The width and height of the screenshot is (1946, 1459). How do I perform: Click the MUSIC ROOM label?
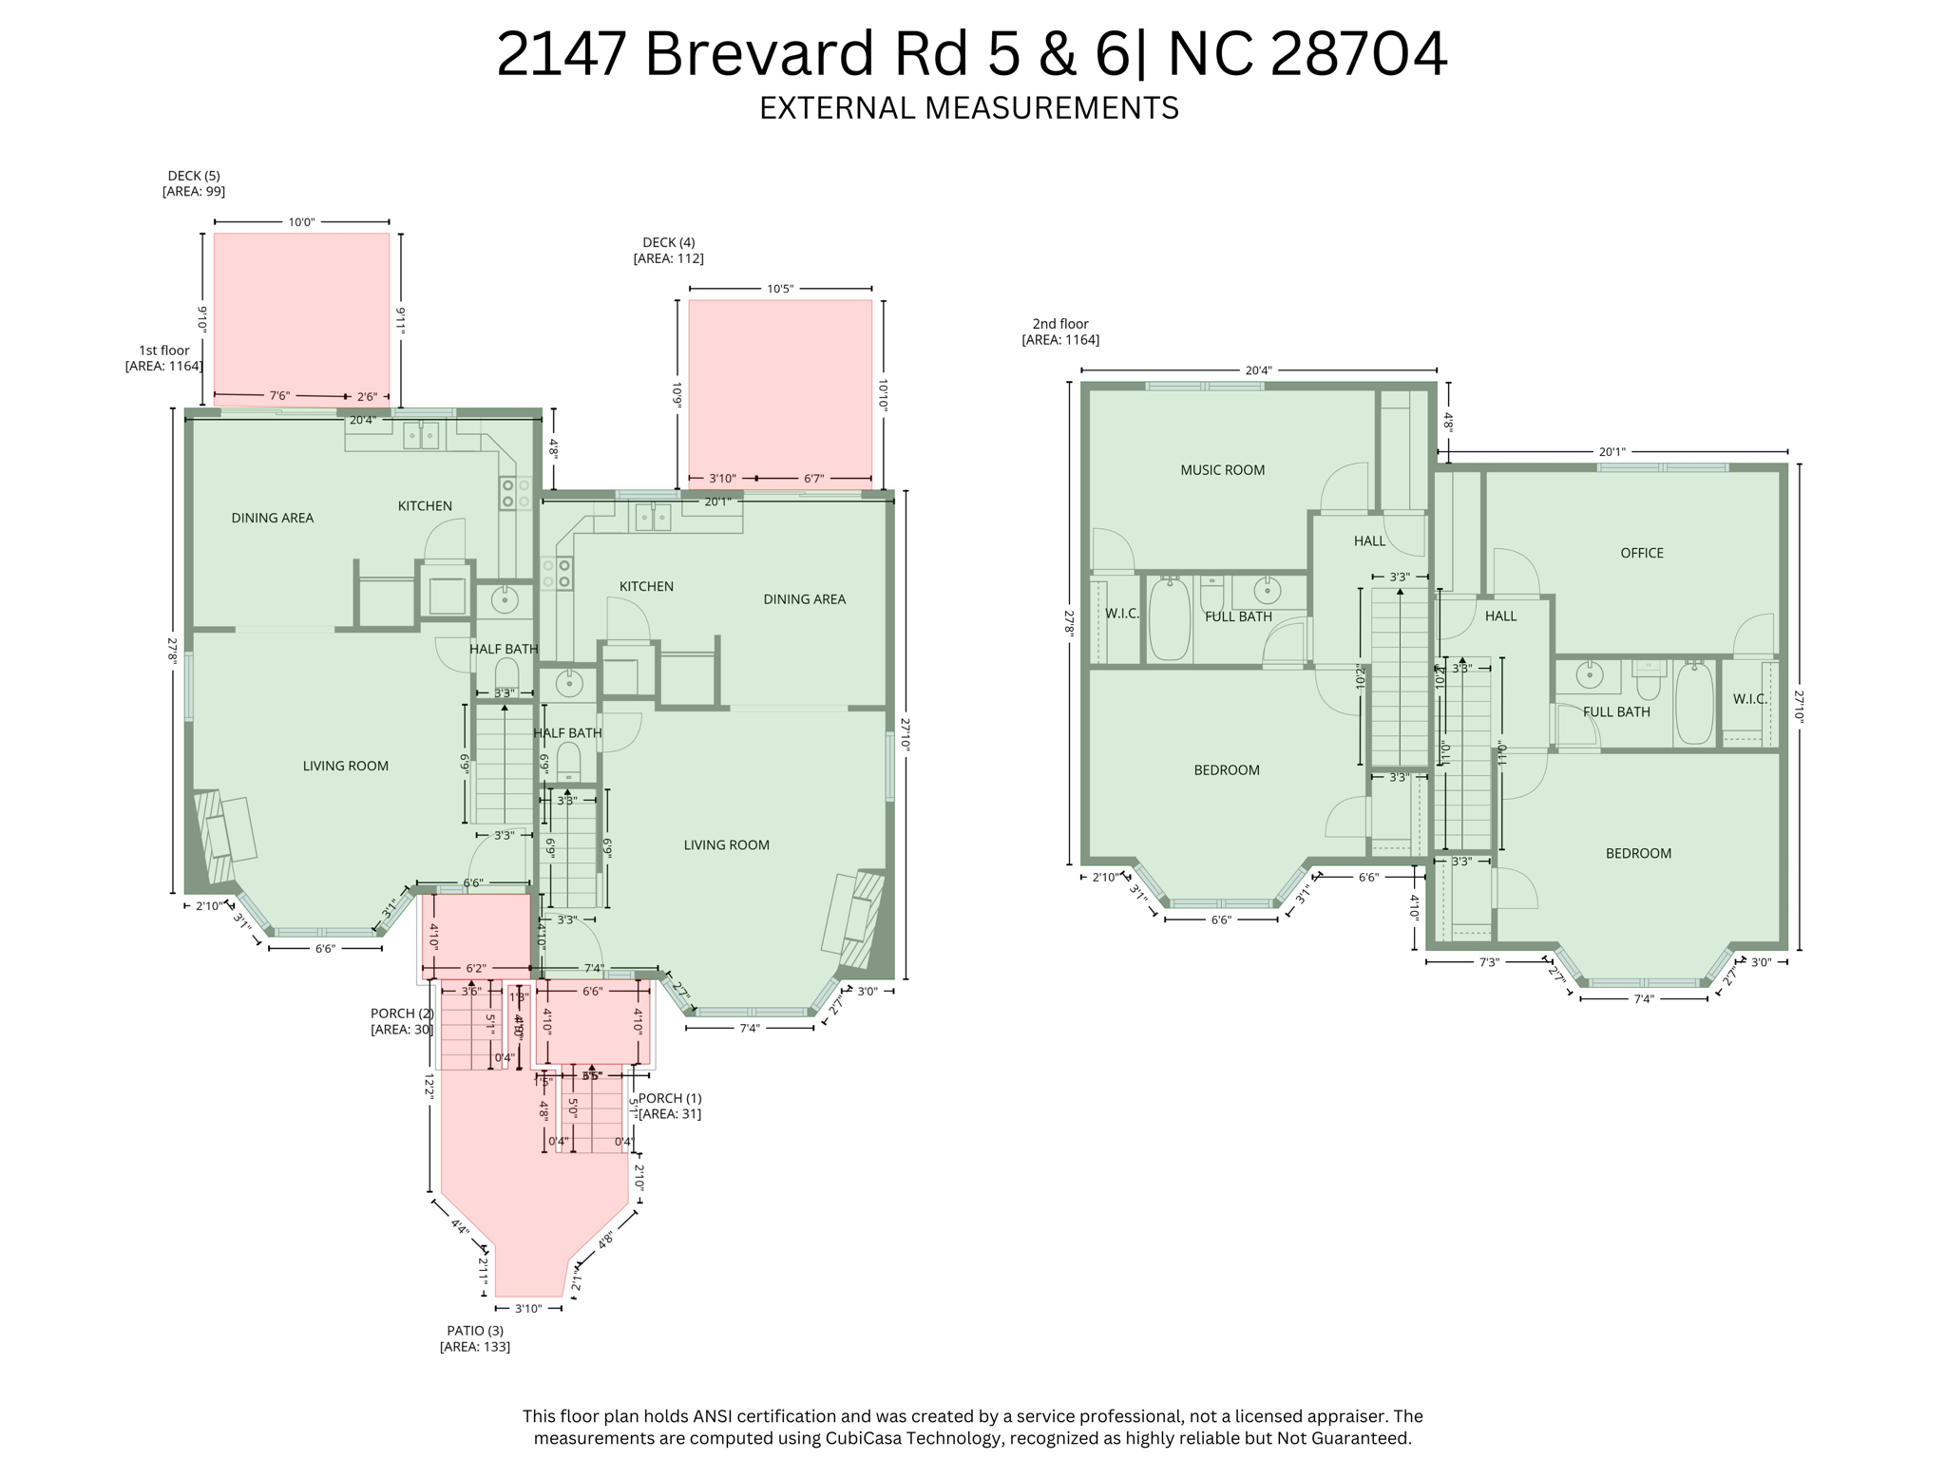(x=1222, y=470)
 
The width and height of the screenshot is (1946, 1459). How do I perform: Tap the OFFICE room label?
(x=1641, y=553)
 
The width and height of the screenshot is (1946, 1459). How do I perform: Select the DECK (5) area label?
(x=194, y=183)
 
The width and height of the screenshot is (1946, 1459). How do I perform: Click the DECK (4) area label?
(x=668, y=250)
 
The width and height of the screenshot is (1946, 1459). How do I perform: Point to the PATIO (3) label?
(x=475, y=1338)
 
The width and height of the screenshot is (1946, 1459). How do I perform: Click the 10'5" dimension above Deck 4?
(x=779, y=289)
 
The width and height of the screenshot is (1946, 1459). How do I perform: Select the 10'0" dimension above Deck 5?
(x=301, y=222)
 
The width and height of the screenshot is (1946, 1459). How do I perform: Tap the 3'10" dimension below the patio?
(x=528, y=1309)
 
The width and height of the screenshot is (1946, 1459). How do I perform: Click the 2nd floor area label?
(x=1060, y=332)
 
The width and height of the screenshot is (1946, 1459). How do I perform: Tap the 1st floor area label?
(x=164, y=358)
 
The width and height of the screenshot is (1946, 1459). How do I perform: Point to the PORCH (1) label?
(x=670, y=1106)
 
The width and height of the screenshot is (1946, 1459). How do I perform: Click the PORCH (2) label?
(x=402, y=1021)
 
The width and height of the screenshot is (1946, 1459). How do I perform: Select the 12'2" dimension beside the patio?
(x=429, y=1086)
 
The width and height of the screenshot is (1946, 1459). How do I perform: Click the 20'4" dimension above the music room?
(x=1258, y=370)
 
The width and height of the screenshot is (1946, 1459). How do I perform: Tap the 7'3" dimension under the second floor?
(x=1489, y=962)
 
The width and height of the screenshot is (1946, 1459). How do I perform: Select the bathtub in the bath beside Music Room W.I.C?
(x=1169, y=618)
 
